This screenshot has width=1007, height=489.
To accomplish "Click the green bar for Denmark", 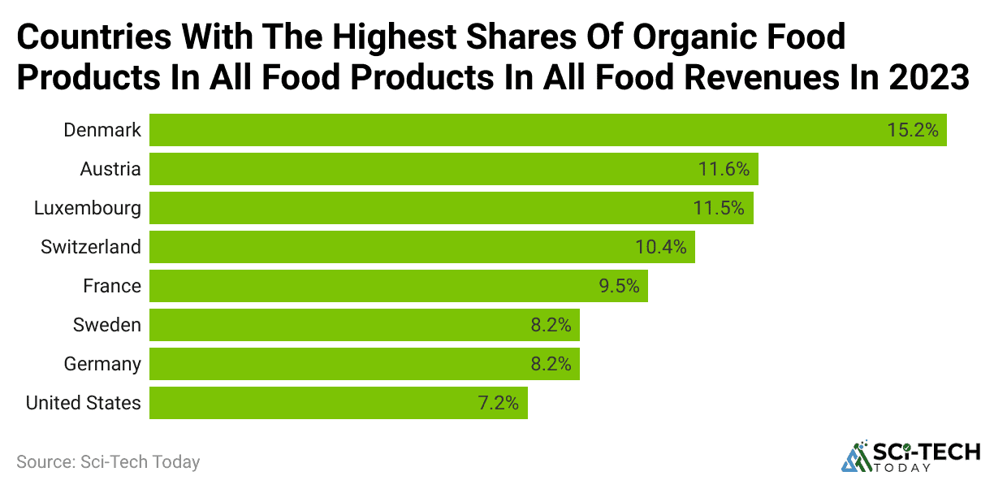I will point(503,130).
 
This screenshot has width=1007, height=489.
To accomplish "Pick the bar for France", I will point(365,286).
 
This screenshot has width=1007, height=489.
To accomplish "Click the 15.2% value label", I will point(913,130).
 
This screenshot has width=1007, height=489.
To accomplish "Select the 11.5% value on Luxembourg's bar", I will point(719,208).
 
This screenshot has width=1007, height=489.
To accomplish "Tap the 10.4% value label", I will point(660,247).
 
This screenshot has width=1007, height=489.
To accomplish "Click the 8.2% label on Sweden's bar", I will point(551,325).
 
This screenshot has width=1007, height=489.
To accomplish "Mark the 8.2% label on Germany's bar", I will point(551,364).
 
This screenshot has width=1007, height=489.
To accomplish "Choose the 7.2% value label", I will point(498,403).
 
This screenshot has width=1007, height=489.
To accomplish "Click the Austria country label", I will point(110,169).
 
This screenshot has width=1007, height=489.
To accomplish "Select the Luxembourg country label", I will point(87,208).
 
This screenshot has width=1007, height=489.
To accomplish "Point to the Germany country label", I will point(102,364).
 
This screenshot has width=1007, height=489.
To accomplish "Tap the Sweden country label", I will point(106,325).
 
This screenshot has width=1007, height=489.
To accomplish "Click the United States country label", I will point(83,403).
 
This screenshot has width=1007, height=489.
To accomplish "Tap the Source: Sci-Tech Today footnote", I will point(108,462).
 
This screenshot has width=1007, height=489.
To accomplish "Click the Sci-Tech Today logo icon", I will point(855,457).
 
